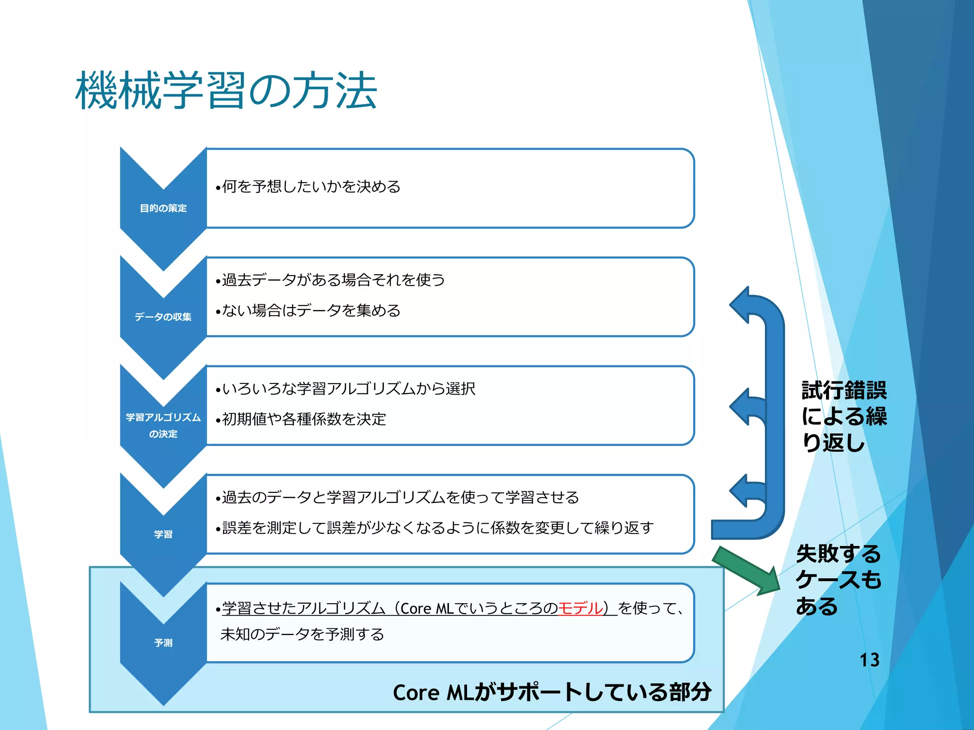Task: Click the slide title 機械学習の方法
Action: (226, 90)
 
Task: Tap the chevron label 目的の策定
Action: (163, 208)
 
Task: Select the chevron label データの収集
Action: (163, 317)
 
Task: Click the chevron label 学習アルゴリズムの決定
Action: (163, 425)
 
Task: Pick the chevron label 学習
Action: (163, 534)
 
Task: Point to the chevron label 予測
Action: (163, 643)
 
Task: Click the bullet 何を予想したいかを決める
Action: (308, 187)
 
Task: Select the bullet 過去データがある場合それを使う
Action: (331, 279)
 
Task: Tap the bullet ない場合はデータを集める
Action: (308, 311)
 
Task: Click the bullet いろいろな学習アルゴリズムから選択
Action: (345, 388)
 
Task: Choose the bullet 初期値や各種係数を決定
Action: (301, 419)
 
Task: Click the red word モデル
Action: (580, 608)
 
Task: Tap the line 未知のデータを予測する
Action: (302, 634)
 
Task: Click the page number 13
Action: (869, 660)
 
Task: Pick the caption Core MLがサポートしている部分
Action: (552, 692)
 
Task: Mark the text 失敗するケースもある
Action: (838, 580)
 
